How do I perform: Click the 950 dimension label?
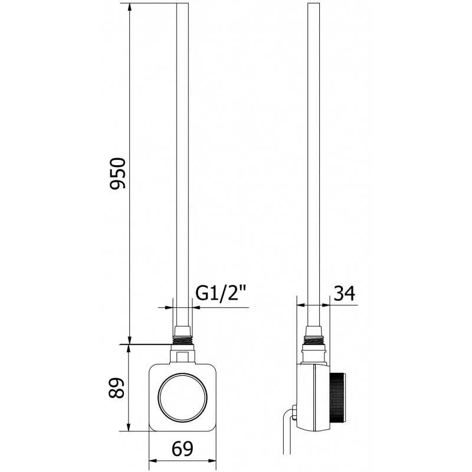tap(117, 173)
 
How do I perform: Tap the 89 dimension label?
tap(116, 388)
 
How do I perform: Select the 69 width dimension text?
tap(182, 449)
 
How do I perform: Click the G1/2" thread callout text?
tap(221, 293)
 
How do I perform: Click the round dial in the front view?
tap(183, 398)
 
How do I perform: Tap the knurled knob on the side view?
tap(337, 397)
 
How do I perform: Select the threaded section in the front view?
tap(182, 340)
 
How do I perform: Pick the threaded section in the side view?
tap(314, 340)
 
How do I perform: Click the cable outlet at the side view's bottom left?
tap(293, 412)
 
